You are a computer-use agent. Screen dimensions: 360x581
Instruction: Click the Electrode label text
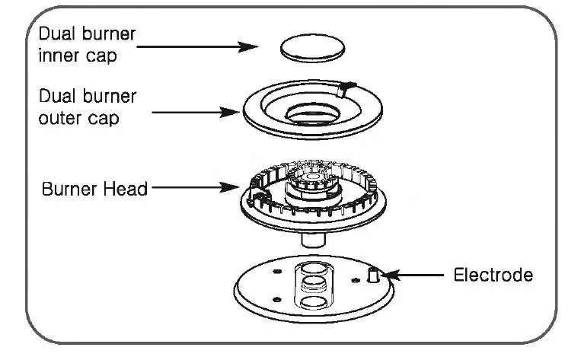(x=492, y=274)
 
